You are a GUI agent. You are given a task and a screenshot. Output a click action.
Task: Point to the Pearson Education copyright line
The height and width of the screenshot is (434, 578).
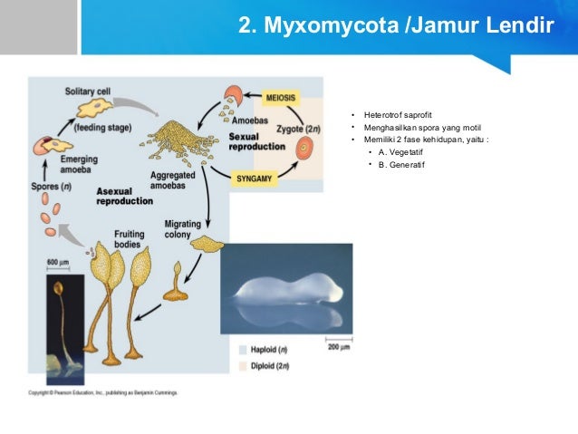(x=102, y=393)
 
